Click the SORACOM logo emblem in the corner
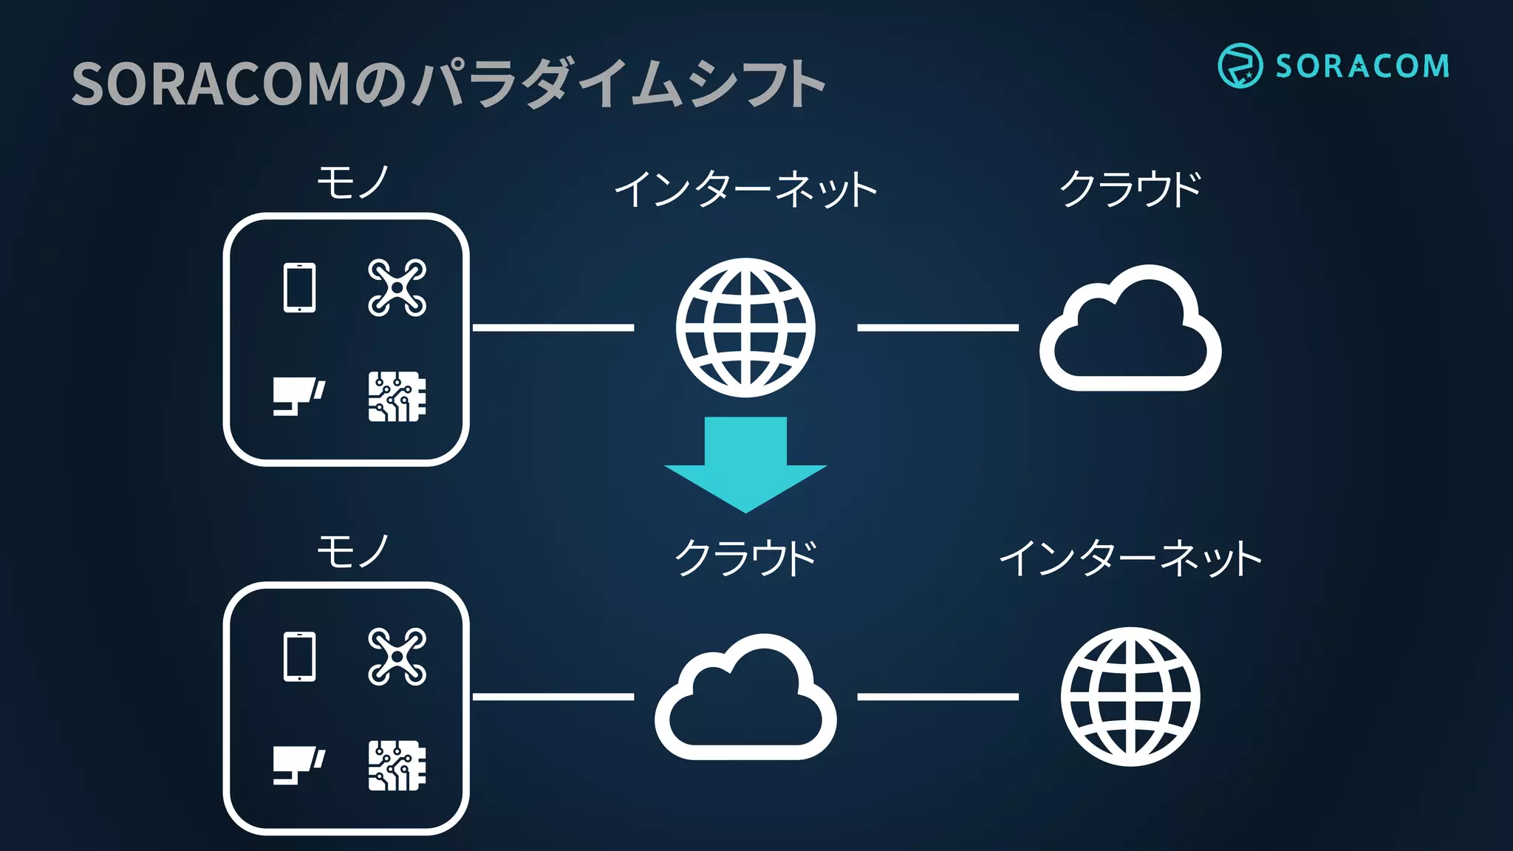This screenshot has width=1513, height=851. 1240,66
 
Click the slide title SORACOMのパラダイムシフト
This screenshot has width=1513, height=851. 448,84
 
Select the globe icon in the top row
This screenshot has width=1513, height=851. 745,327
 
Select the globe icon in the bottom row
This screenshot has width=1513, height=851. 1130,697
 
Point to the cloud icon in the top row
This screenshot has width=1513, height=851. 1130,332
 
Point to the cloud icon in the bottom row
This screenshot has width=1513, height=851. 745,702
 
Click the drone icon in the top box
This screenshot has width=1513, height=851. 397,287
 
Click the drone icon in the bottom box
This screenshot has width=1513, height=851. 397,657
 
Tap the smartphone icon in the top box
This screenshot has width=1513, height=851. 300,287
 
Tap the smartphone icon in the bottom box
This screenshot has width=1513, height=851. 300,657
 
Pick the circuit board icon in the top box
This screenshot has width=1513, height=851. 397,397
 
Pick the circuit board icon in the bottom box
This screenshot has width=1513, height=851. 397,766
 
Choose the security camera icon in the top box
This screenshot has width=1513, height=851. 298,396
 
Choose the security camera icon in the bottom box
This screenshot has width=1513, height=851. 298,765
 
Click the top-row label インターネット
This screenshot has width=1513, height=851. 745,189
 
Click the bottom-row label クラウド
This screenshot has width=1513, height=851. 745,558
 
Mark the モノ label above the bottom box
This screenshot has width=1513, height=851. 352,553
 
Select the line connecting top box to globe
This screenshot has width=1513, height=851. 553,327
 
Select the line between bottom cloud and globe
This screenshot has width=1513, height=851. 937,697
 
